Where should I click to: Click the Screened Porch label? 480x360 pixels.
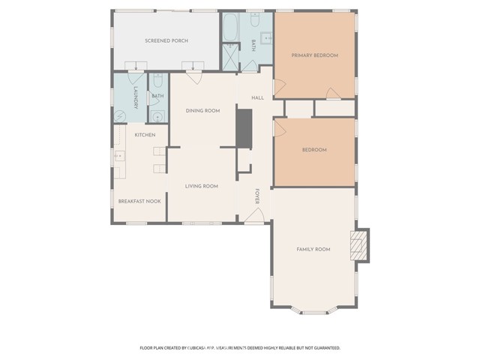166,40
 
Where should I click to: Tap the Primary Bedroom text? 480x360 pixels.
314,55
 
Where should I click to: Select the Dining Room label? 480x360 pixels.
202,111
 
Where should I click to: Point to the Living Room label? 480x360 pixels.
202,186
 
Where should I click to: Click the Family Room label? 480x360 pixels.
313,249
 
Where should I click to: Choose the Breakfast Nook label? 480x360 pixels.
139,201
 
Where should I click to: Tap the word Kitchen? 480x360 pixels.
145,135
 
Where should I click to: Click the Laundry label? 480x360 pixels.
136,98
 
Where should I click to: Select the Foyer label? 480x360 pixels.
257,196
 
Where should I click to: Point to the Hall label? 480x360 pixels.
257,98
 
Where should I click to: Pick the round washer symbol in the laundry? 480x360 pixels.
120,115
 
